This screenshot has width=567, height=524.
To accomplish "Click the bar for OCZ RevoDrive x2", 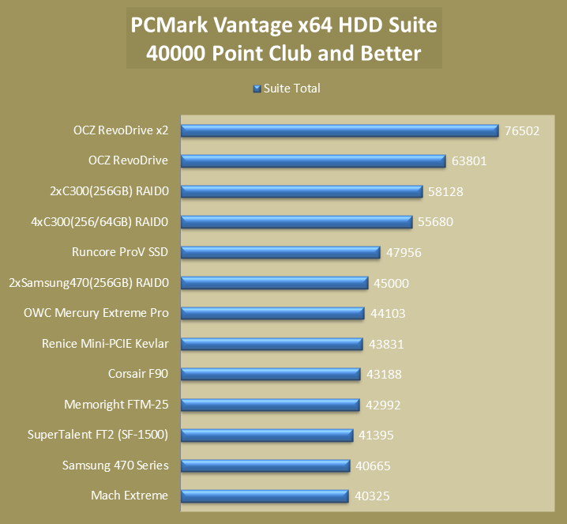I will (x=340, y=130).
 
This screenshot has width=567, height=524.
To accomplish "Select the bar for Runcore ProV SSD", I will (x=280, y=252).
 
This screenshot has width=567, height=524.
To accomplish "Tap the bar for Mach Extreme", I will (x=264, y=496).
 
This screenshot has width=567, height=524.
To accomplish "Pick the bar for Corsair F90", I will (x=270, y=375).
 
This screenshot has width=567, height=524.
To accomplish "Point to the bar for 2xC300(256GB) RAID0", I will (x=302, y=191).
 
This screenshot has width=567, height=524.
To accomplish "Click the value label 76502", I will (x=522, y=131).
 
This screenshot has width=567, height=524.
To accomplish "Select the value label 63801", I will (x=469, y=161).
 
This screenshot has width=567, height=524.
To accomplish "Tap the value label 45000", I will (x=391, y=283).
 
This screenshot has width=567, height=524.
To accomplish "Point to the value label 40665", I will (x=373, y=466).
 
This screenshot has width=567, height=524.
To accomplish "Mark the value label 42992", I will (x=383, y=405).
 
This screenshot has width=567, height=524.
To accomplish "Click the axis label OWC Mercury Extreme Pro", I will (x=96, y=313).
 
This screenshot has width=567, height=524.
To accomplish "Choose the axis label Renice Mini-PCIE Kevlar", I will (x=105, y=344).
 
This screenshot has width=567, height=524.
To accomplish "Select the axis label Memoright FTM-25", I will (x=116, y=405).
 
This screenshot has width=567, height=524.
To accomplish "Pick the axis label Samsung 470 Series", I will (x=115, y=466).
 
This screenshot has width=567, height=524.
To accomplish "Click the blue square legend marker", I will (x=257, y=89).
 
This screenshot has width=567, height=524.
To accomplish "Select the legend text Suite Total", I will (x=291, y=89).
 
